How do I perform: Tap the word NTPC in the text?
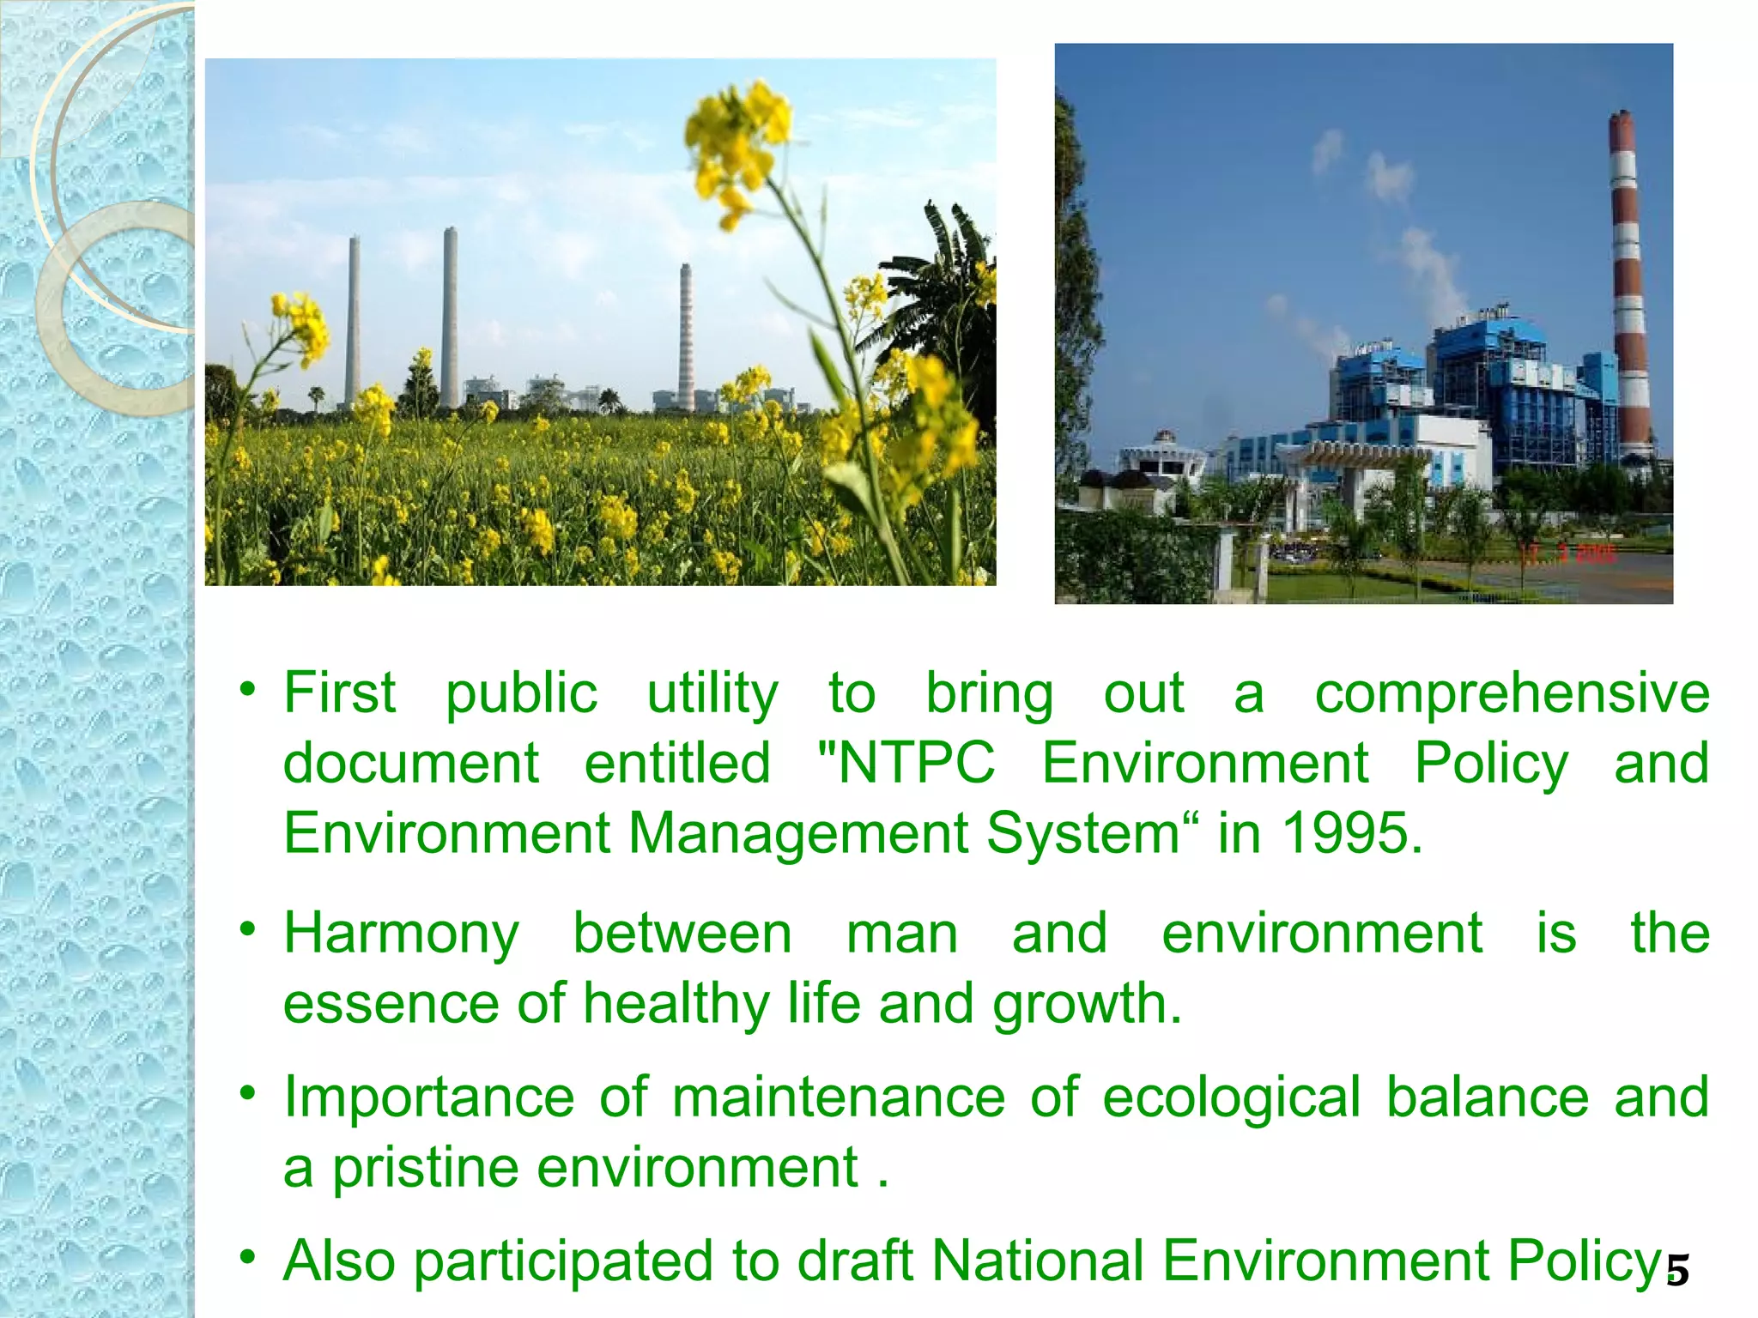point(916,763)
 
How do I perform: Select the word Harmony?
point(402,934)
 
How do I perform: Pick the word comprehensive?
point(1512,693)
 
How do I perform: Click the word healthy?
point(676,1005)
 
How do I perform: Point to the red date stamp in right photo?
point(1567,553)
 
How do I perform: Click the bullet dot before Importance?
point(248,1093)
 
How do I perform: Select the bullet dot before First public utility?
point(248,688)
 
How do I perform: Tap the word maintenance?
point(838,1098)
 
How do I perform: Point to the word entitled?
point(677,763)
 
